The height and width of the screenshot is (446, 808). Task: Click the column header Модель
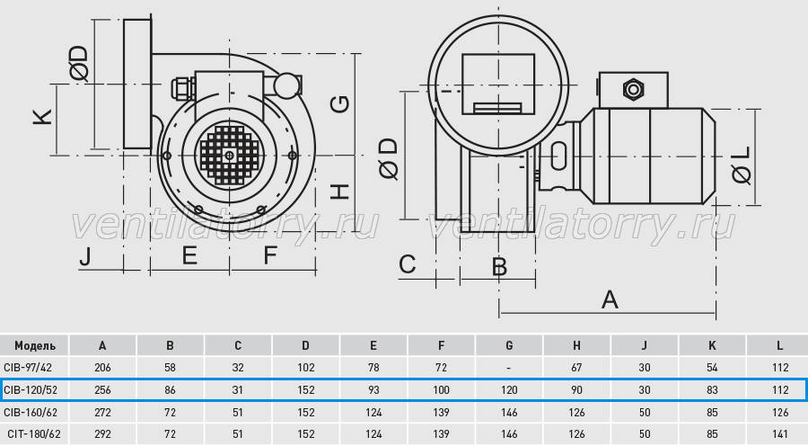point(34,345)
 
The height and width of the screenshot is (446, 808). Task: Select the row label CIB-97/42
point(28,368)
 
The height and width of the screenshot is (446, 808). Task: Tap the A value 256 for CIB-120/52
point(102,389)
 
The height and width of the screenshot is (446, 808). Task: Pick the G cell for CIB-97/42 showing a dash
point(509,368)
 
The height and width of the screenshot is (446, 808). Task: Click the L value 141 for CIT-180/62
point(780,434)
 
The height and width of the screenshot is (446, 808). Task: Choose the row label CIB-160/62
point(31,413)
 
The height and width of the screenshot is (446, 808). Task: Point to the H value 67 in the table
point(576,368)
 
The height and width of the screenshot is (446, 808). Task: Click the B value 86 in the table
point(170,389)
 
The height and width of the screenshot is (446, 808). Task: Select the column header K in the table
point(712,345)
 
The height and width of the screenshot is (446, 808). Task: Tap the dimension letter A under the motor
point(610,299)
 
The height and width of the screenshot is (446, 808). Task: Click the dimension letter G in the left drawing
point(340,104)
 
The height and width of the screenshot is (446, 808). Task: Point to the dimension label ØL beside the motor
point(742,165)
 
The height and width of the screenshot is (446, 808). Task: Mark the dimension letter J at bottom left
point(85,256)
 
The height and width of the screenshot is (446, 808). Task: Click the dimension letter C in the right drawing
point(407,264)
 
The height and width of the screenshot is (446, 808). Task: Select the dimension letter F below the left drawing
point(270,255)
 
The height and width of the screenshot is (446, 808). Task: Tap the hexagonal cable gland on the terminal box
point(633,90)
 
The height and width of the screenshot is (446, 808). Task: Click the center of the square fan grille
point(229,155)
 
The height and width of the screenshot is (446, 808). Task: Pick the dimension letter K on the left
point(43,117)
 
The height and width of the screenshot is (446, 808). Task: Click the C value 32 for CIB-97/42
point(238,368)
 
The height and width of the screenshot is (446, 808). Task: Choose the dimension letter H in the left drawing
point(340,192)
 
